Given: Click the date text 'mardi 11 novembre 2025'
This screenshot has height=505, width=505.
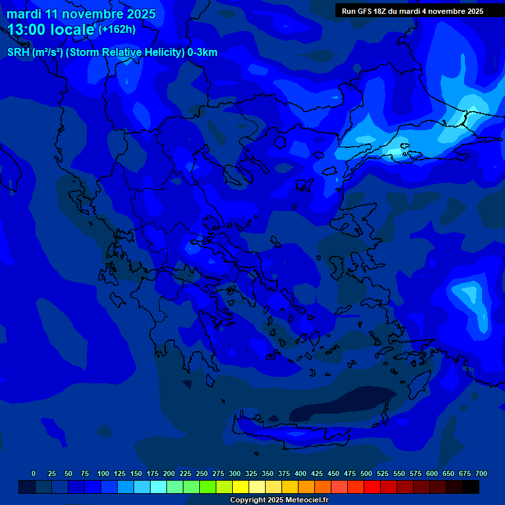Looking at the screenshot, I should tap(81, 14).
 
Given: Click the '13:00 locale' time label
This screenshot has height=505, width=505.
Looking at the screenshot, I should tap(51, 30).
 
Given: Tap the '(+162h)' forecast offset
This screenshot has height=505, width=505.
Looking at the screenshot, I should tap(116, 30).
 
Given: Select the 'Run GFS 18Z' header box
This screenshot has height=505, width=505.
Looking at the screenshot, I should tap(412, 11).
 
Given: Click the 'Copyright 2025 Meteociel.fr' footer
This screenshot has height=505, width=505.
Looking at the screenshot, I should tap(279, 500).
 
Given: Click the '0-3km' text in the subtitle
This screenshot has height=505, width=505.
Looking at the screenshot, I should tap(202, 53).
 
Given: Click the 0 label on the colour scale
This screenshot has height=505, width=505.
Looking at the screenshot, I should tap(34, 473).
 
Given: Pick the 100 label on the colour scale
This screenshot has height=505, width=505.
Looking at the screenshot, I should tap(103, 473).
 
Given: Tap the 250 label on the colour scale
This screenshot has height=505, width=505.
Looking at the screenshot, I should tap(202, 473).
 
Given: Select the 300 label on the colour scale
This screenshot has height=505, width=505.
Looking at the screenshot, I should tap(235, 473).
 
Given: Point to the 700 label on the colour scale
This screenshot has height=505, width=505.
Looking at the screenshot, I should tap(481, 473).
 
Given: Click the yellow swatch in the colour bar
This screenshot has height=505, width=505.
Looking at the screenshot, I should tap(241, 487).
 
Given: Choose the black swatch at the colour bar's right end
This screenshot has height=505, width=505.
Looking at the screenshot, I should tap(471, 487).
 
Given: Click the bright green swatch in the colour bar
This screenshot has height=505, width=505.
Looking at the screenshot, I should tap(191, 487).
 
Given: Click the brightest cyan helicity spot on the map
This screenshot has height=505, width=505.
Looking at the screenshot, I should tap(395, 152).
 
